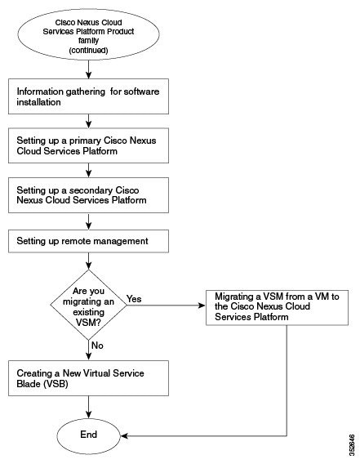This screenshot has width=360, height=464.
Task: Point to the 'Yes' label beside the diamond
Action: click(135, 299)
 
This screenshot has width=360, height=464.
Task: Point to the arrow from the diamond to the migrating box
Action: click(163, 306)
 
